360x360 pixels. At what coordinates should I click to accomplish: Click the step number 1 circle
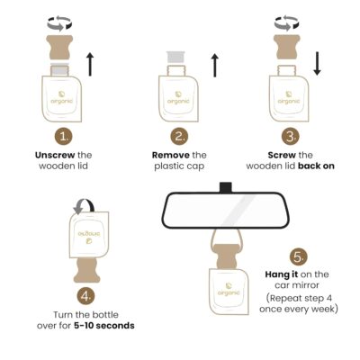(x=64, y=137)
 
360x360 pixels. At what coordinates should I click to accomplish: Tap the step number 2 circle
(x=179, y=137)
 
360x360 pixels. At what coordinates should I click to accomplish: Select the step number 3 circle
(x=291, y=137)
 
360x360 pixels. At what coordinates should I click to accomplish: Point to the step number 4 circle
(x=86, y=296)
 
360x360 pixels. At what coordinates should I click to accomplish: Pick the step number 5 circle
(x=298, y=257)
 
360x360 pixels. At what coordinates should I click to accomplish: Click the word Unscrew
(x=55, y=155)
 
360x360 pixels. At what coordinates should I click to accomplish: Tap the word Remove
(x=171, y=155)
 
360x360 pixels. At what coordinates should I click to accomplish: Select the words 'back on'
(x=316, y=166)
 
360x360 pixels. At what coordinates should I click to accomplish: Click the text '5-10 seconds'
(x=104, y=326)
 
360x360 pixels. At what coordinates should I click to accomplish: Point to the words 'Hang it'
(x=282, y=274)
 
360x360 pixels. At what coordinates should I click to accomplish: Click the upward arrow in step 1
(x=90, y=64)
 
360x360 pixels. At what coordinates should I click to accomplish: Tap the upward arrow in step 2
(x=214, y=66)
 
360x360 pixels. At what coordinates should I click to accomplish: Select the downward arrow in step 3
(x=317, y=64)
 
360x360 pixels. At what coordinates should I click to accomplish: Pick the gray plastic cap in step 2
(x=175, y=58)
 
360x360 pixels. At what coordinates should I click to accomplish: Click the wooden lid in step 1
(x=59, y=47)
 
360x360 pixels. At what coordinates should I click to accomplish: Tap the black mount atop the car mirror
(x=226, y=187)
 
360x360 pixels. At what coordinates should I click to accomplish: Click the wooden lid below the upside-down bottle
(x=87, y=271)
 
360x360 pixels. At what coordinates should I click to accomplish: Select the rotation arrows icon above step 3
(x=286, y=23)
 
